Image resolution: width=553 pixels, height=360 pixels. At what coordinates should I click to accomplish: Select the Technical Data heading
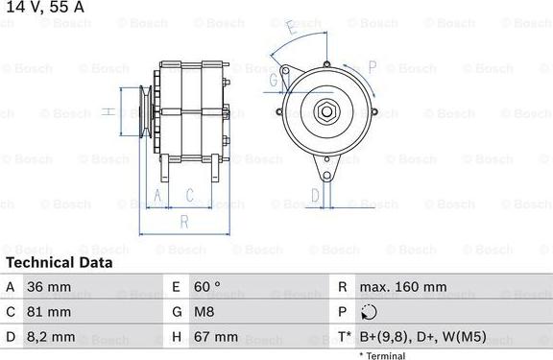click(60, 262)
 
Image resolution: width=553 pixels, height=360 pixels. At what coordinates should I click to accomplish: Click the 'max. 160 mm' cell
click(402, 287)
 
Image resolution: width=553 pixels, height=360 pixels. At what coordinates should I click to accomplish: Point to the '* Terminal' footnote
click(382, 355)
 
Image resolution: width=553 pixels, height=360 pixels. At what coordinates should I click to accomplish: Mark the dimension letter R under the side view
click(183, 221)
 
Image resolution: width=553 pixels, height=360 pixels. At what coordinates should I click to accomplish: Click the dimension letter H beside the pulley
click(109, 112)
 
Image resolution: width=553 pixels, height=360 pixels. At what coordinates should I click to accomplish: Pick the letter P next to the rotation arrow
click(372, 66)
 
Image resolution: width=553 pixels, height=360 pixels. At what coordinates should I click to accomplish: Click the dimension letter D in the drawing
click(314, 196)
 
